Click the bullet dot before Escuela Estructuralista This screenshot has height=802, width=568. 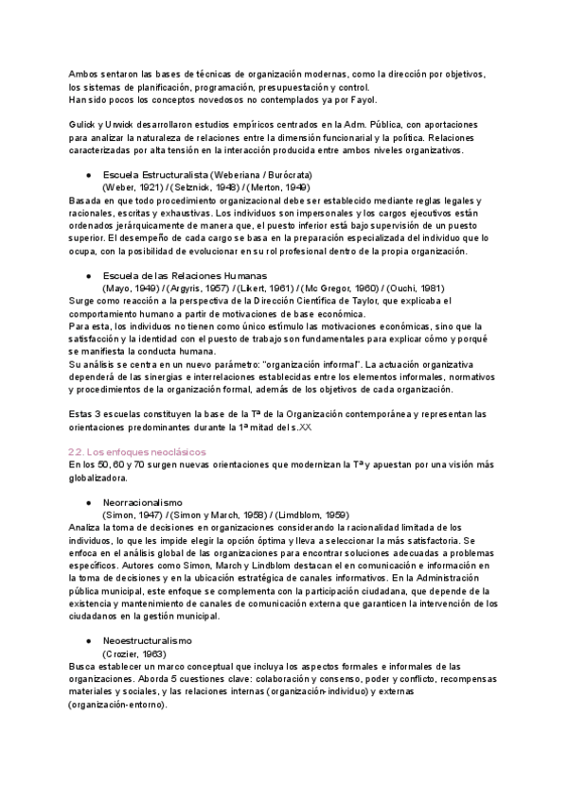[87, 176]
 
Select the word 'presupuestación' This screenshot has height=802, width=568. [268, 87]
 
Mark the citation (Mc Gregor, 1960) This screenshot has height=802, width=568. [342, 288]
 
